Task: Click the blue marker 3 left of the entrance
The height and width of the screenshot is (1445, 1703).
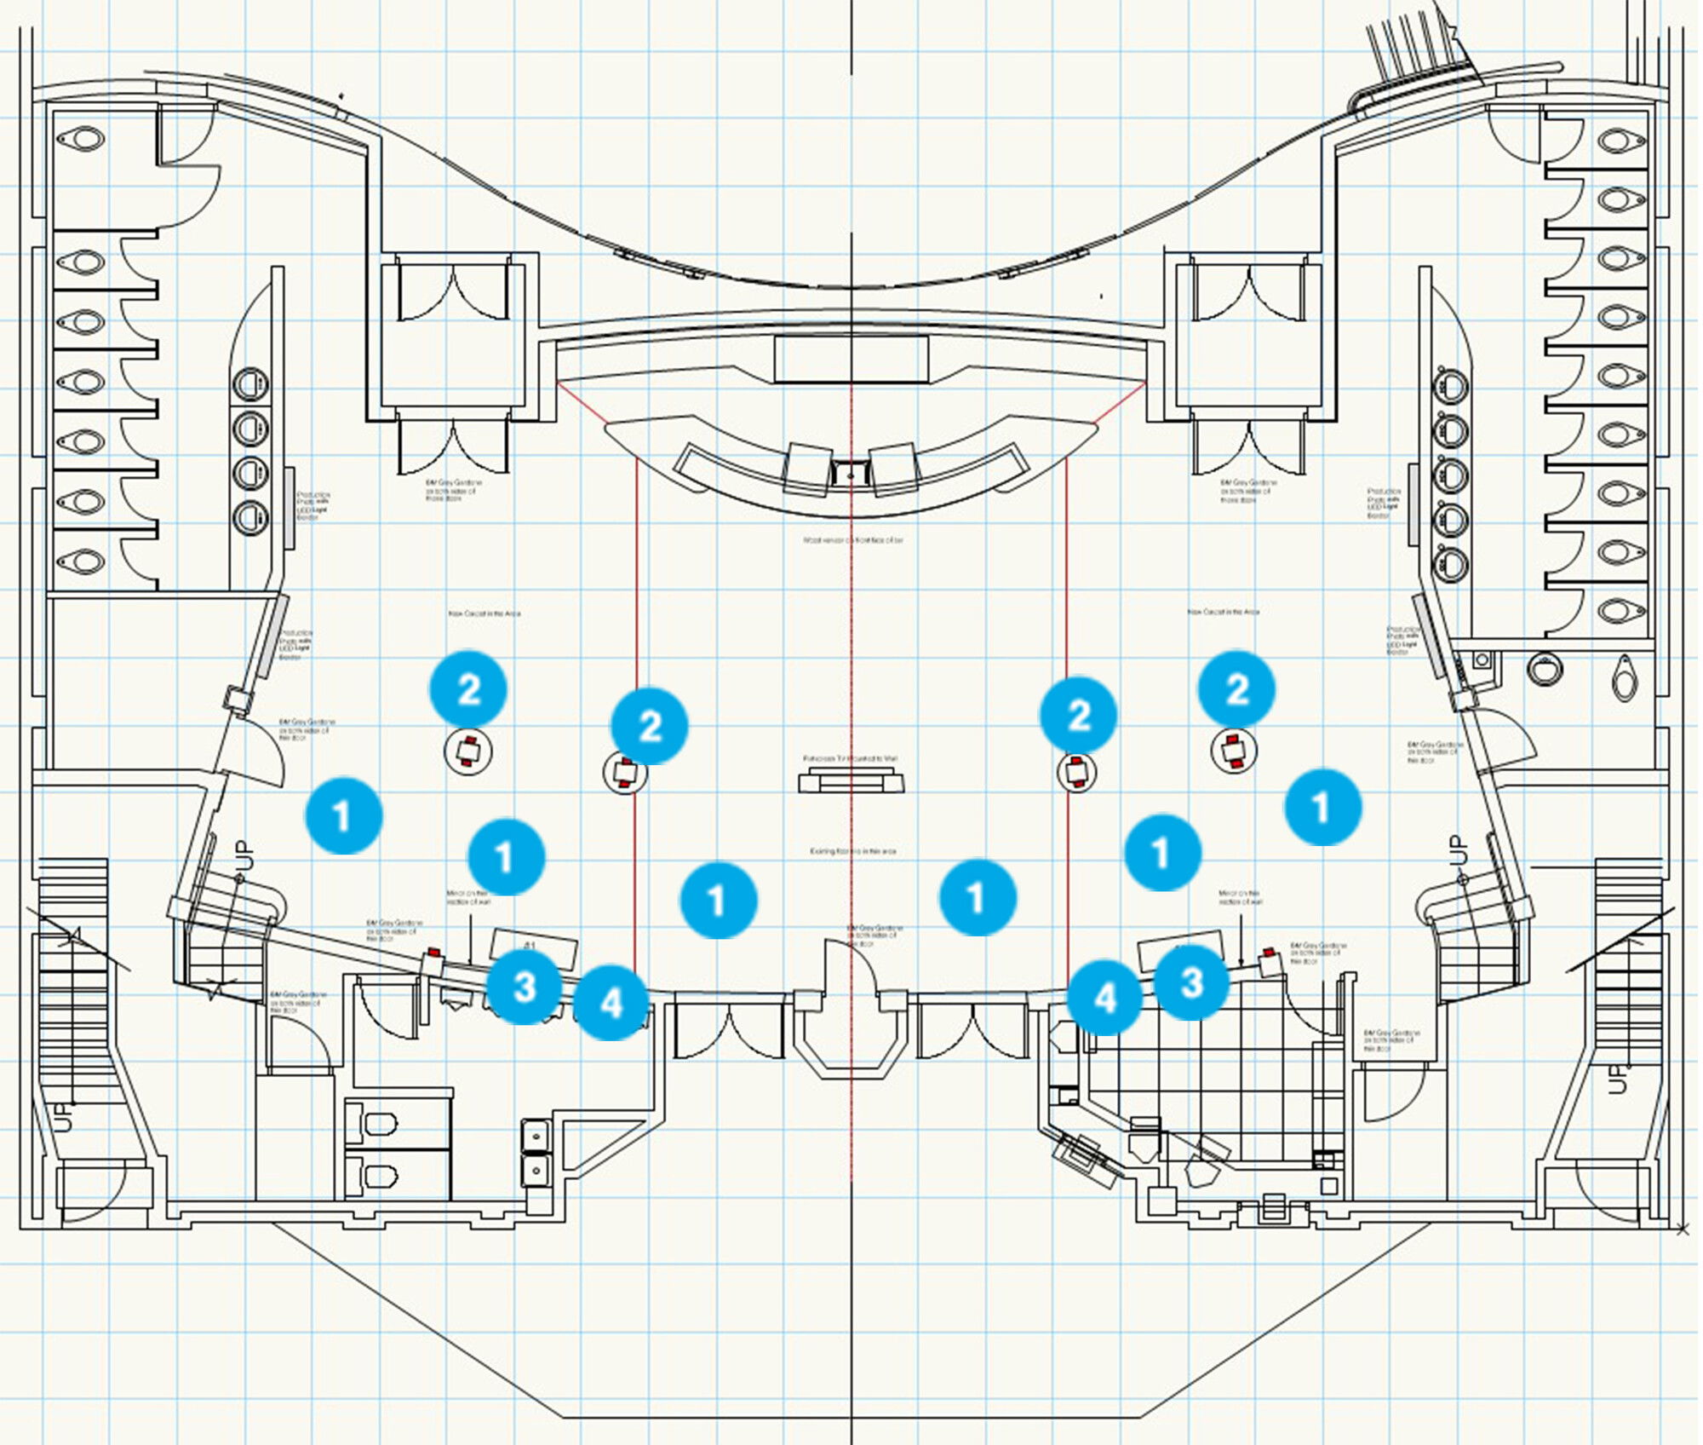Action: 524,987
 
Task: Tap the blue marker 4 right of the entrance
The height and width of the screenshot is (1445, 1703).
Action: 1104,997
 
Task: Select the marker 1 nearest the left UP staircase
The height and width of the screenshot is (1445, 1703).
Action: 343,815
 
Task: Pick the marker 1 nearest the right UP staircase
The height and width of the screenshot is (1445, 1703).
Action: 1322,806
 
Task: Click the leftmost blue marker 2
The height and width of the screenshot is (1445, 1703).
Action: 468,688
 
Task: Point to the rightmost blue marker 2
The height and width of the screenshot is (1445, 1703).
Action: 1236,688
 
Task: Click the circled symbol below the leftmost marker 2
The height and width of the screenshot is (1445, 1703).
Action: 468,751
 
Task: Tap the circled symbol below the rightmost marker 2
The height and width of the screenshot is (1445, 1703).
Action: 1234,751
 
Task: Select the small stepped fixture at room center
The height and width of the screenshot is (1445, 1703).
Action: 851,780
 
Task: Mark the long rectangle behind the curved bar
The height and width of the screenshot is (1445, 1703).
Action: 851,359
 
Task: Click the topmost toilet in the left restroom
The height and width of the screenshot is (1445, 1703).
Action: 83,137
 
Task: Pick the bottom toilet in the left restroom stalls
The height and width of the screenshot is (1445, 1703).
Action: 82,561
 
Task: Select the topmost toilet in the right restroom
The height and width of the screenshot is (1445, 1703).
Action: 1620,140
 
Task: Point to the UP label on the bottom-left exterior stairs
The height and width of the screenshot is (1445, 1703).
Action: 64,1117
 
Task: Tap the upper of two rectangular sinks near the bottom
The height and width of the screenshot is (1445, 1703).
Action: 536,1135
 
